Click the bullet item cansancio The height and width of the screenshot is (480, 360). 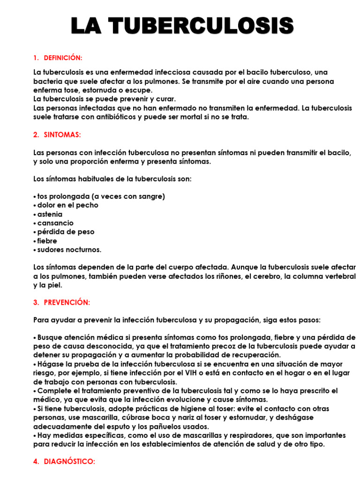(x=55, y=223)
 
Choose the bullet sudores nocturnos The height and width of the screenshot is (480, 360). (x=69, y=250)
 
